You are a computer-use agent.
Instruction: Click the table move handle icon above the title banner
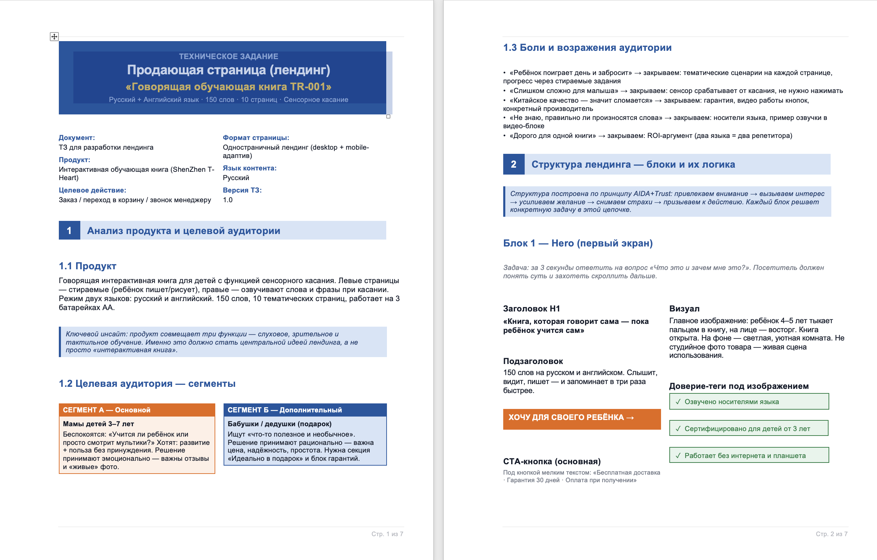tap(54, 36)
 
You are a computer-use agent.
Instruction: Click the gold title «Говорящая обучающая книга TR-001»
tap(228, 87)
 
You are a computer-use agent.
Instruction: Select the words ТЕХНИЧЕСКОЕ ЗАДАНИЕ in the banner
tap(228, 56)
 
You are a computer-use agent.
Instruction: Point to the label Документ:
tap(77, 138)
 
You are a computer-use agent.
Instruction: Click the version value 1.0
tap(228, 200)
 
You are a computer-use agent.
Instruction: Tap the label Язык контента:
tap(250, 168)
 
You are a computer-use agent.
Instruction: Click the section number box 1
tap(69, 231)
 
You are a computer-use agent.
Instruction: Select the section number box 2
tap(514, 165)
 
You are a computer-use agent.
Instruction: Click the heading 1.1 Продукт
tap(88, 266)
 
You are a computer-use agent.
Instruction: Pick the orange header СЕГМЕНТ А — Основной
tap(107, 410)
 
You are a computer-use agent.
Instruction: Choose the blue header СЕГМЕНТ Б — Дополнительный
tap(284, 410)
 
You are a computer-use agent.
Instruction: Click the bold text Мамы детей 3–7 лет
tap(98, 424)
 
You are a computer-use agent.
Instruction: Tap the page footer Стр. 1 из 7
tap(387, 534)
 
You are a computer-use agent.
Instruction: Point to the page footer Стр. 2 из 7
tap(831, 534)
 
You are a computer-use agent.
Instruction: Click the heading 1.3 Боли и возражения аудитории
tap(587, 48)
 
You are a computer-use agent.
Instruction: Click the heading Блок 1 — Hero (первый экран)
tap(578, 243)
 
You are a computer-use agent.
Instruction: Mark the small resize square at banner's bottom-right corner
tap(388, 116)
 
